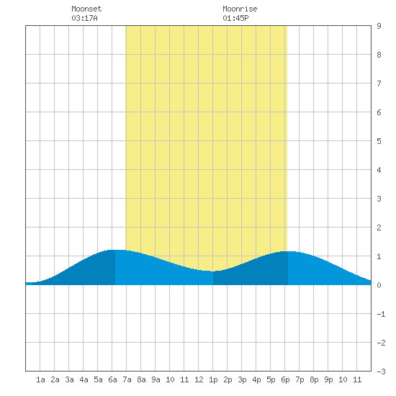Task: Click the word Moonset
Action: (86, 9)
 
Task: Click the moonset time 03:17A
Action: (84, 18)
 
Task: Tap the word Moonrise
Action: (240, 9)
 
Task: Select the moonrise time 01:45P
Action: (235, 18)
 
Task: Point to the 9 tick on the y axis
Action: (379, 26)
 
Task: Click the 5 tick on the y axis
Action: (379, 141)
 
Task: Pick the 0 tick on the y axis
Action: (379, 285)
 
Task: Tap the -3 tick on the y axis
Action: (381, 372)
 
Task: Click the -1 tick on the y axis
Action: (381, 314)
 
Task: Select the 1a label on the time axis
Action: (40, 379)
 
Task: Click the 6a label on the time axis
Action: (112, 379)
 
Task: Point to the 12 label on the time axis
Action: (199, 379)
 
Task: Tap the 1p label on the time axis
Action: (213, 379)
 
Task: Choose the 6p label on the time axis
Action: (285, 379)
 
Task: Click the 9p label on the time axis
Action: (328, 379)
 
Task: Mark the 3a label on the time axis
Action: (69, 379)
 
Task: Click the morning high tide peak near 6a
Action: (115, 250)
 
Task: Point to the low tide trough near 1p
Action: (213, 271)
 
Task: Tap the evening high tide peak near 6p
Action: (288, 251)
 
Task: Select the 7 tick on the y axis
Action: (379, 84)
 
